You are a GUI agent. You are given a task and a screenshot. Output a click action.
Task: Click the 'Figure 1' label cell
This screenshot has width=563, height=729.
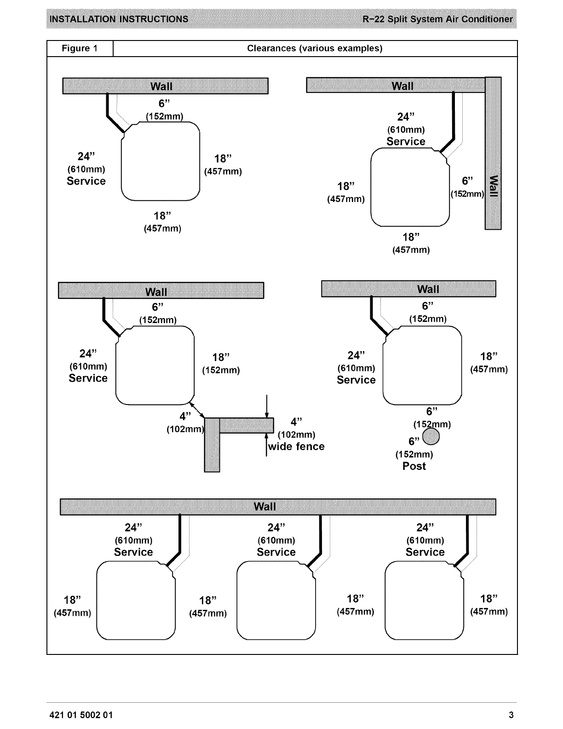(80, 48)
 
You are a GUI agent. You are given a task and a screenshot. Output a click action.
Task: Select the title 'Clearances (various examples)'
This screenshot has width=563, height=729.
(315, 48)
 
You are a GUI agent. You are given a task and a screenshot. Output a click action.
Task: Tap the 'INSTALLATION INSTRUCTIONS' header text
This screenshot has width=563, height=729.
(119, 19)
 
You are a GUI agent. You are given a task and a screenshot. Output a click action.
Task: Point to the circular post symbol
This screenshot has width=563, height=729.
(431, 437)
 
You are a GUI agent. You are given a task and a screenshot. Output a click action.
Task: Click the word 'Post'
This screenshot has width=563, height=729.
(414, 466)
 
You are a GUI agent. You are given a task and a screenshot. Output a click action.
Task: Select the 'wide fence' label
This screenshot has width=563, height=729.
(297, 446)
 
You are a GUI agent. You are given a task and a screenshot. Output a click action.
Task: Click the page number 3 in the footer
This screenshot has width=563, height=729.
(511, 715)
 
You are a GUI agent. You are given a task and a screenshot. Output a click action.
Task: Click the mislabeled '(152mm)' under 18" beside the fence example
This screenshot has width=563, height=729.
(221, 370)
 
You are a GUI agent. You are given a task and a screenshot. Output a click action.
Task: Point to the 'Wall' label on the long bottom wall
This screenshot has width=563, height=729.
(265, 507)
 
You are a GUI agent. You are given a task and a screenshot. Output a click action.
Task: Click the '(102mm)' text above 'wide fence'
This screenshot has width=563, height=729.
(296, 434)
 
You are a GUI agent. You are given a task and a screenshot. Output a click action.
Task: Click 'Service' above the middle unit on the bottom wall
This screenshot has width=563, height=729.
(276, 552)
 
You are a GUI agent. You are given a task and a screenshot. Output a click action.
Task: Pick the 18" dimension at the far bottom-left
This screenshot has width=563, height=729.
(72, 600)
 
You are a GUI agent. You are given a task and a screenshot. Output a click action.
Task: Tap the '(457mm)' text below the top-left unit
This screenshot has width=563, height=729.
(162, 228)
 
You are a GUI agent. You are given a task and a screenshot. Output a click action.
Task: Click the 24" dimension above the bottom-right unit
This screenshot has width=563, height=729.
(425, 527)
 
